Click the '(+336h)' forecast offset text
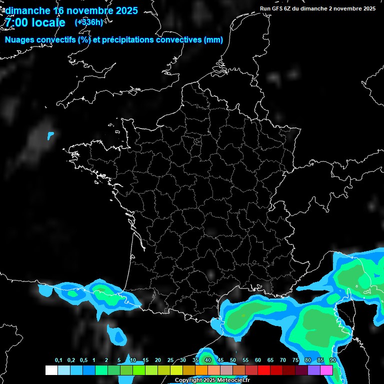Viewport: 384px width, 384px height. tap(89, 22)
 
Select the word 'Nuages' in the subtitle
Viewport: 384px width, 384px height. tap(19, 40)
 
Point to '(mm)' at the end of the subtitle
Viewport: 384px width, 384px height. tap(213, 40)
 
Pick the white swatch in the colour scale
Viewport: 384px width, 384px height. tap(51, 370)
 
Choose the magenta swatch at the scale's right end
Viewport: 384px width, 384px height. tap(326, 370)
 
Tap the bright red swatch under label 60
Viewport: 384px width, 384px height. tap(264, 370)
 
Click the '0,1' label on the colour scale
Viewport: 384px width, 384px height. tap(58, 360)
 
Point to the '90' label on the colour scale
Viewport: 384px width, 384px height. tap(332, 360)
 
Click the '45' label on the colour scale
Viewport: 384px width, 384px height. tap(220, 360)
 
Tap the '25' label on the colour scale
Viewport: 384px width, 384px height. tap(170, 360)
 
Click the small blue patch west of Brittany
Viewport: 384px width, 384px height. tap(50, 135)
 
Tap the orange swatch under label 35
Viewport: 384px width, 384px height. tap(201, 370)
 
